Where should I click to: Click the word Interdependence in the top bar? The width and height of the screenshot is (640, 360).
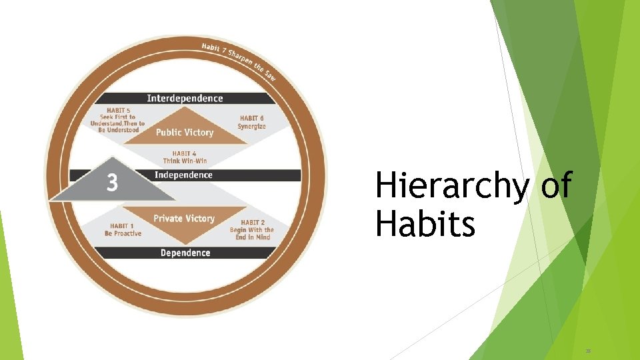(x=185, y=99)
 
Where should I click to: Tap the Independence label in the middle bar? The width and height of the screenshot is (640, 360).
(x=183, y=175)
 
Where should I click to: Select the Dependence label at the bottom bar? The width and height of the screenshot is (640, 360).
(x=185, y=253)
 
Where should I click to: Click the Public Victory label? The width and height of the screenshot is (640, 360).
(x=185, y=133)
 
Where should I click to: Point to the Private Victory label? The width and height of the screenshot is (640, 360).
(x=184, y=219)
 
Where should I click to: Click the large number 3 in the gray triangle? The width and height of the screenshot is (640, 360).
(x=112, y=183)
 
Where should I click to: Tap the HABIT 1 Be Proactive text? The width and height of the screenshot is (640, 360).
(x=123, y=230)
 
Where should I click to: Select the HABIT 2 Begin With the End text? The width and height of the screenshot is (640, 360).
(x=257, y=230)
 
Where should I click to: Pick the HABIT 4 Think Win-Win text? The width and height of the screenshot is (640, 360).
(x=185, y=157)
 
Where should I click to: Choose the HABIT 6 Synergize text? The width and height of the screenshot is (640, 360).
(x=251, y=123)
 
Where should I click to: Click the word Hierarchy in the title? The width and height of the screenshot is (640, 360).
(x=451, y=186)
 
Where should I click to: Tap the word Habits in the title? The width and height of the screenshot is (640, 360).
(x=425, y=224)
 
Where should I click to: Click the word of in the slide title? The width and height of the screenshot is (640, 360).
(x=556, y=186)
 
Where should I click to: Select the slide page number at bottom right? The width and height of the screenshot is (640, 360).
(x=588, y=349)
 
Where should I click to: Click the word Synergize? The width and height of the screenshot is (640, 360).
(x=251, y=127)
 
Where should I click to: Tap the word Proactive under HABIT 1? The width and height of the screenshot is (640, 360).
(x=127, y=234)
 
